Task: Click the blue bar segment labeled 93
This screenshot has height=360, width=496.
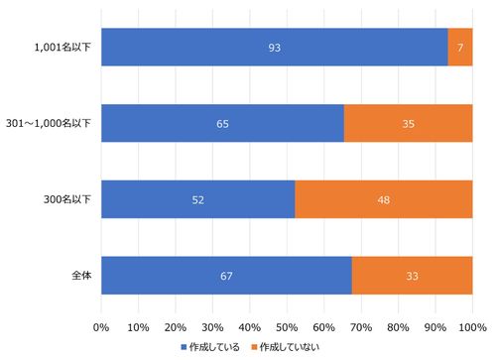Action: pos(274,48)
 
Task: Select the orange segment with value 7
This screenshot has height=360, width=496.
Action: pos(460,48)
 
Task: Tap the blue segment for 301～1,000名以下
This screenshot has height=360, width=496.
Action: pos(222,124)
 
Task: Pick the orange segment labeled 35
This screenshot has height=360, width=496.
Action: pos(408,124)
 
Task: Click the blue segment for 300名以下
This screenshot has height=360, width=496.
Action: pos(197,199)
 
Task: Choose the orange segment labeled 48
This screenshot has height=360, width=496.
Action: pos(384,199)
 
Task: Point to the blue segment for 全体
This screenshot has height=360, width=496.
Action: pos(226,276)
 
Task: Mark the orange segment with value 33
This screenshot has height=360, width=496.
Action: pos(412,276)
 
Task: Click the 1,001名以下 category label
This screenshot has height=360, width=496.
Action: pos(62,48)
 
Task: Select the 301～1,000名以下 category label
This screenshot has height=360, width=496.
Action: pos(49,124)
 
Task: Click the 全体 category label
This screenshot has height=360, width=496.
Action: pos(80,276)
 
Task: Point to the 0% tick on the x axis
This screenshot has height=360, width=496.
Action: pos(101,325)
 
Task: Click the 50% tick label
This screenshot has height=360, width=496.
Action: pos(287,325)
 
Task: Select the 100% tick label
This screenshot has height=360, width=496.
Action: pos(472,325)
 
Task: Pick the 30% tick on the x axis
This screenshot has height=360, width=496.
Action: pos(212,325)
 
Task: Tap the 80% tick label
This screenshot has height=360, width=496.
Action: pos(398,325)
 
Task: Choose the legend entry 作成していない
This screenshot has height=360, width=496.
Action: pos(289,346)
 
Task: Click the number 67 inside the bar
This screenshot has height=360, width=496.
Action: pos(226,276)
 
